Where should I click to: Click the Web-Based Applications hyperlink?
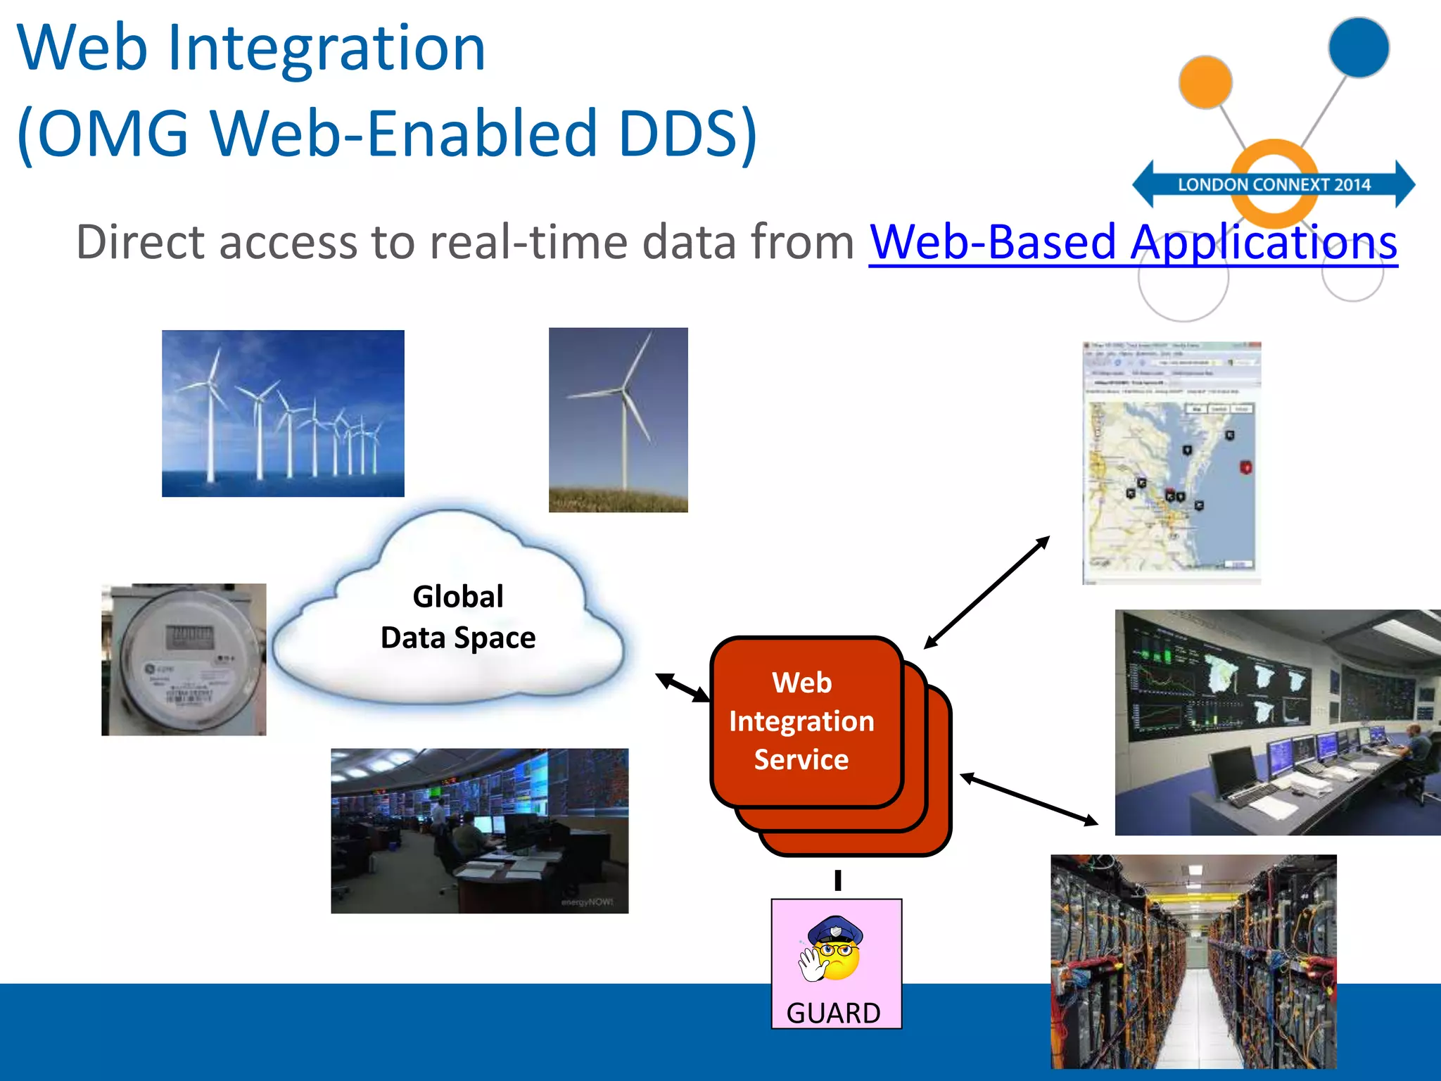pyautogui.click(x=1133, y=242)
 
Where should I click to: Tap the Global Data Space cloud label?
pyautogui.click(x=457, y=617)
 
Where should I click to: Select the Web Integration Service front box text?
pyautogui.click(x=801, y=721)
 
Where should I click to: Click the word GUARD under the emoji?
pyautogui.click(x=833, y=1013)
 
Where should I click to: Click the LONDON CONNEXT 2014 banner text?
pyautogui.click(x=1274, y=185)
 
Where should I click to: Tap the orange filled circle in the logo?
pyautogui.click(x=1205, y=82)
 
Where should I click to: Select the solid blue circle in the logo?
pyautogui.click(x=1358, y=47)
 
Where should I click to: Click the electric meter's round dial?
pyautogui.click(x=184, y=658)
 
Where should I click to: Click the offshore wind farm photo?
pyautogui.click(x=283, y=414)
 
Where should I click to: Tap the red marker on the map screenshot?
pyautogui.click(x=1245, y=467)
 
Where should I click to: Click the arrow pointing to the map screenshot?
pyautogui.click(x=986, y=593)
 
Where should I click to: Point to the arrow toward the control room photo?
pyautogui.click(x=1029, y=799)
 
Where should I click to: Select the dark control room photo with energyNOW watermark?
pyautogui.click(x=479, y=830)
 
